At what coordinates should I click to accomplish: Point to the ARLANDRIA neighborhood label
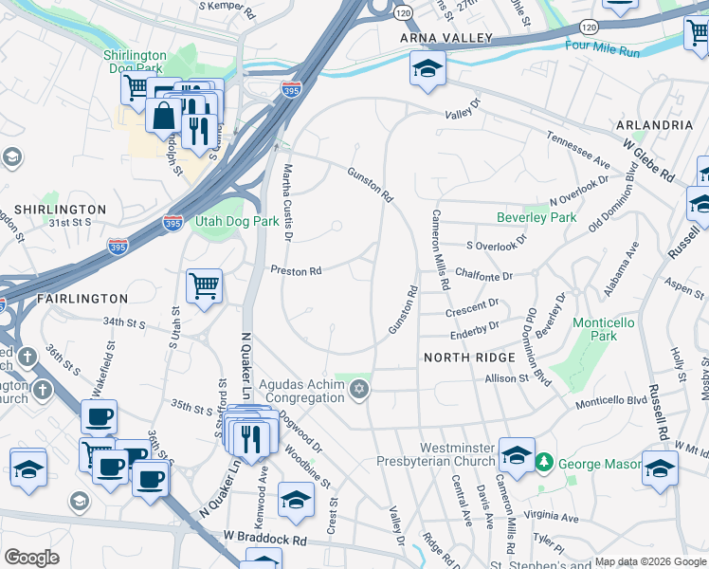pos(654,125)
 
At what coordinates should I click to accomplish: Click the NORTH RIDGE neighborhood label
pos(469,358)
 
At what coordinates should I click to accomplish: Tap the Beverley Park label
pos(536,217)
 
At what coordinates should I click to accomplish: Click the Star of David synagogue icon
pos(358,390)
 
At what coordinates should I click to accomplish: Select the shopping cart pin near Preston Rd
pos(204,286)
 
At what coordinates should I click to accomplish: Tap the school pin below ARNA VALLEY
pos(427,69)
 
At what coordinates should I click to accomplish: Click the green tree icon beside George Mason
pos(544,464)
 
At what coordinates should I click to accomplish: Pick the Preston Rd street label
pos(296,271)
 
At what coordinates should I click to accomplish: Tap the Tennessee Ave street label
pos(577,150)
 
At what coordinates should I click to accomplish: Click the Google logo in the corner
pos(31,558)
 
